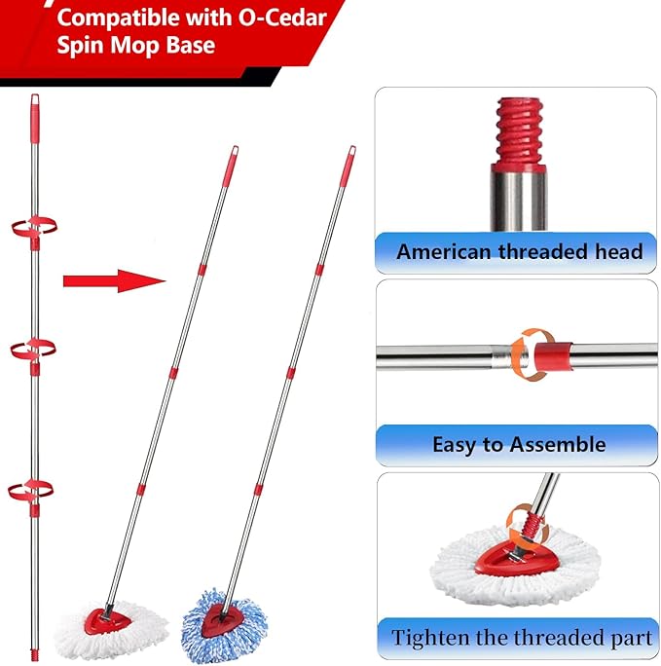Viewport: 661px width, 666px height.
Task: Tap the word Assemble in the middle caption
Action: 562,445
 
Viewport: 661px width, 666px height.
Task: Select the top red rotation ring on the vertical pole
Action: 33,225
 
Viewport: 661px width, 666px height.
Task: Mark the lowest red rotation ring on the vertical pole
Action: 32,490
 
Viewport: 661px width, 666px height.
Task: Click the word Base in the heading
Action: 184,45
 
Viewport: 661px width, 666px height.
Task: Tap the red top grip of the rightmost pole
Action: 349,166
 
